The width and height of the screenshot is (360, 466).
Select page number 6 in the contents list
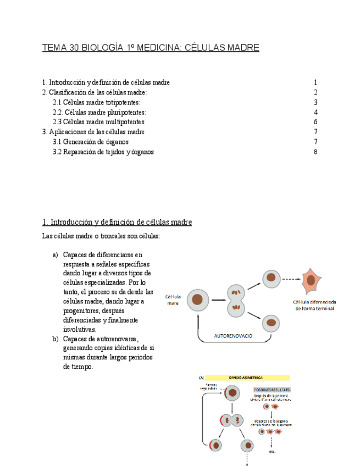coord(315,122)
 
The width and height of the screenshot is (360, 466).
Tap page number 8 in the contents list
coord(315,152)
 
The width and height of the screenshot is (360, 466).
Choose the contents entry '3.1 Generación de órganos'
coord(91,142)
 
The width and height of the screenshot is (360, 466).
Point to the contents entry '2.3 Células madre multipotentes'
coord(98,122)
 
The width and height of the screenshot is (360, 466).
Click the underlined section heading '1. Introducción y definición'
coord(117,223)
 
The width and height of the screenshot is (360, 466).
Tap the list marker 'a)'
coord(56,254)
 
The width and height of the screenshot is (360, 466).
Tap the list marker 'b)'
coord(56,339)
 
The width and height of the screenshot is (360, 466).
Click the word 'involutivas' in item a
coord(80,329)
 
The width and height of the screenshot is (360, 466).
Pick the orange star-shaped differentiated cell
coord(311,280)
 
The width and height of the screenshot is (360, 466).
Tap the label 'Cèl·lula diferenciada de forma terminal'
coord(314,305)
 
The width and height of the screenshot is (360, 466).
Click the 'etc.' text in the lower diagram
coord(272,452)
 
